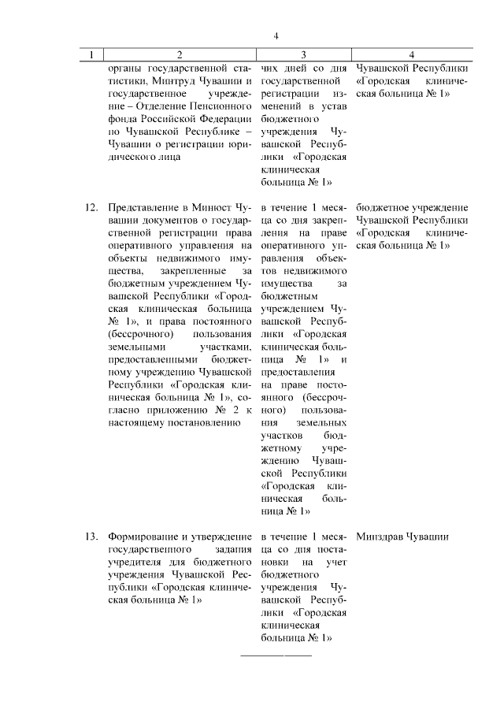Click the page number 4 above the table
click(x=276, y=35)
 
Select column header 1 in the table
click(x=92, y=55)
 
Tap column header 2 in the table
click(x=180, y=55)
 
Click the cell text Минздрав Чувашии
click(x=402, y=537)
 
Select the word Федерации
click(x=223, y=118)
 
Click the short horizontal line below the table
click(x=275, y=655)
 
